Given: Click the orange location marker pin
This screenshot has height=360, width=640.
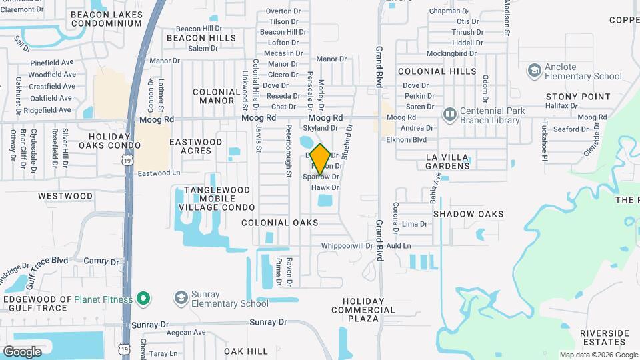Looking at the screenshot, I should [x=320, y=159].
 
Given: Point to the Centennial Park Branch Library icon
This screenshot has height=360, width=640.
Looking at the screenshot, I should [x=450, y=115].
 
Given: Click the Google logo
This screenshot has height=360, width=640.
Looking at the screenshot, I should [x=22, y=351].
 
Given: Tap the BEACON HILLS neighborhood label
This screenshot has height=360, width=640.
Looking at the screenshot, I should [x=201, y=38].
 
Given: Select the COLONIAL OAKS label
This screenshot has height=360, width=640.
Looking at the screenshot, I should [x=280, y=223].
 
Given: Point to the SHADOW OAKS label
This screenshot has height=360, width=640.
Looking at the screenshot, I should [x=468, y=214].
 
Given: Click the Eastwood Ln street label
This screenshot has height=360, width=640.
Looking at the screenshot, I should [x=159, y=173].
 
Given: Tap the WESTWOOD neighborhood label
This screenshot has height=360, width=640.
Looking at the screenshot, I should [x=65, y=196].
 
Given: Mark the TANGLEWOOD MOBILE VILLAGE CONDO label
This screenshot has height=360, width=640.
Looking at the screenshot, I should [x=208, y=199].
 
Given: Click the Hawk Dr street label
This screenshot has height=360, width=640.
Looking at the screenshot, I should [x=325, y=188].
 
